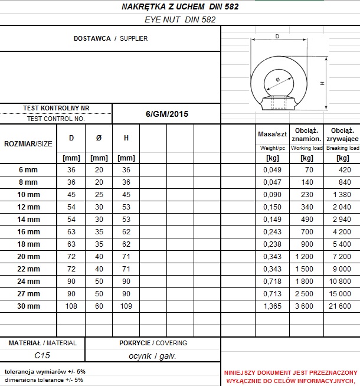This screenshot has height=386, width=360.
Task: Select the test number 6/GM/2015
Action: point(166,114)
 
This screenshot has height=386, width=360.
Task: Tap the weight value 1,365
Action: point(272,306)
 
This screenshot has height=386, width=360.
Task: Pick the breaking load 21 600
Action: point(342,306)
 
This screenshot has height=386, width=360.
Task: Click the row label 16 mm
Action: point(28,232)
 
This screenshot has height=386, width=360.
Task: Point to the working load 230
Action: point(307,195)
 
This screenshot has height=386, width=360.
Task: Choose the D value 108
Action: point(71,306)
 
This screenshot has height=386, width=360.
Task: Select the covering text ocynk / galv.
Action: point(152,356)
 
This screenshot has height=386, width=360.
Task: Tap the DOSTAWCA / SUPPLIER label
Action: point(110,38)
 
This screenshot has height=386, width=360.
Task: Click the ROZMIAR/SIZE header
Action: point(28,143)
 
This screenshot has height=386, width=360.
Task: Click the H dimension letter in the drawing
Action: point(323,84)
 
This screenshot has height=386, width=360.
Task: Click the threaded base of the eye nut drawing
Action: point(277,104)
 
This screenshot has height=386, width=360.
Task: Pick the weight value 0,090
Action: point(272,195)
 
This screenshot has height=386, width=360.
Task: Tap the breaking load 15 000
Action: point(342,294)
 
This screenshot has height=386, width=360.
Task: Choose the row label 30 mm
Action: point(28,306)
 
